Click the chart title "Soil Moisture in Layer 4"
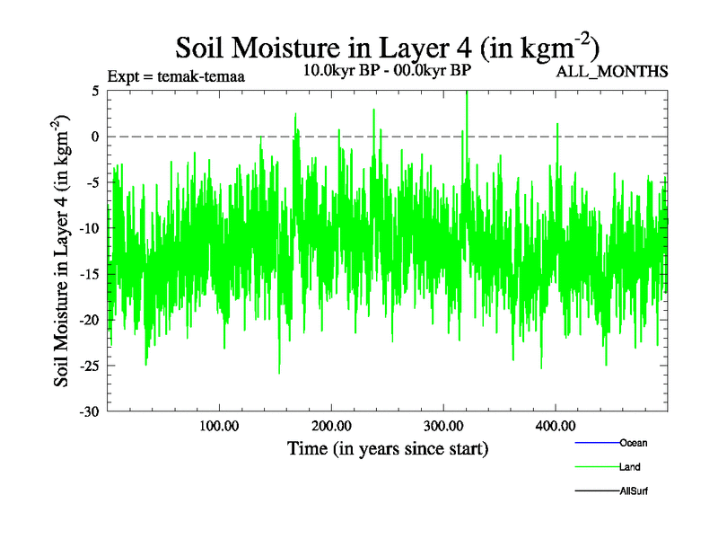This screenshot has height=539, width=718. [387, 46]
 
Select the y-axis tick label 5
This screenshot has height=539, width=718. [94, 91]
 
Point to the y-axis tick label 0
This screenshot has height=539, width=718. [94, 137]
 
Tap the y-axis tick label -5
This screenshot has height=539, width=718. [91, 182]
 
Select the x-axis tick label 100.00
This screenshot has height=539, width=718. [219, 426]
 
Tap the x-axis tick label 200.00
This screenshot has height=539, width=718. [331, 426]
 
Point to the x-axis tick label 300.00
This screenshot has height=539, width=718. [443, 426]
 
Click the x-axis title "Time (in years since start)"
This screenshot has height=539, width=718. [388, 447]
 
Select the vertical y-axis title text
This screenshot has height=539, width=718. [63, 252]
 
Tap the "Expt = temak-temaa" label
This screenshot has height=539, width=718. [176, 76]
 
